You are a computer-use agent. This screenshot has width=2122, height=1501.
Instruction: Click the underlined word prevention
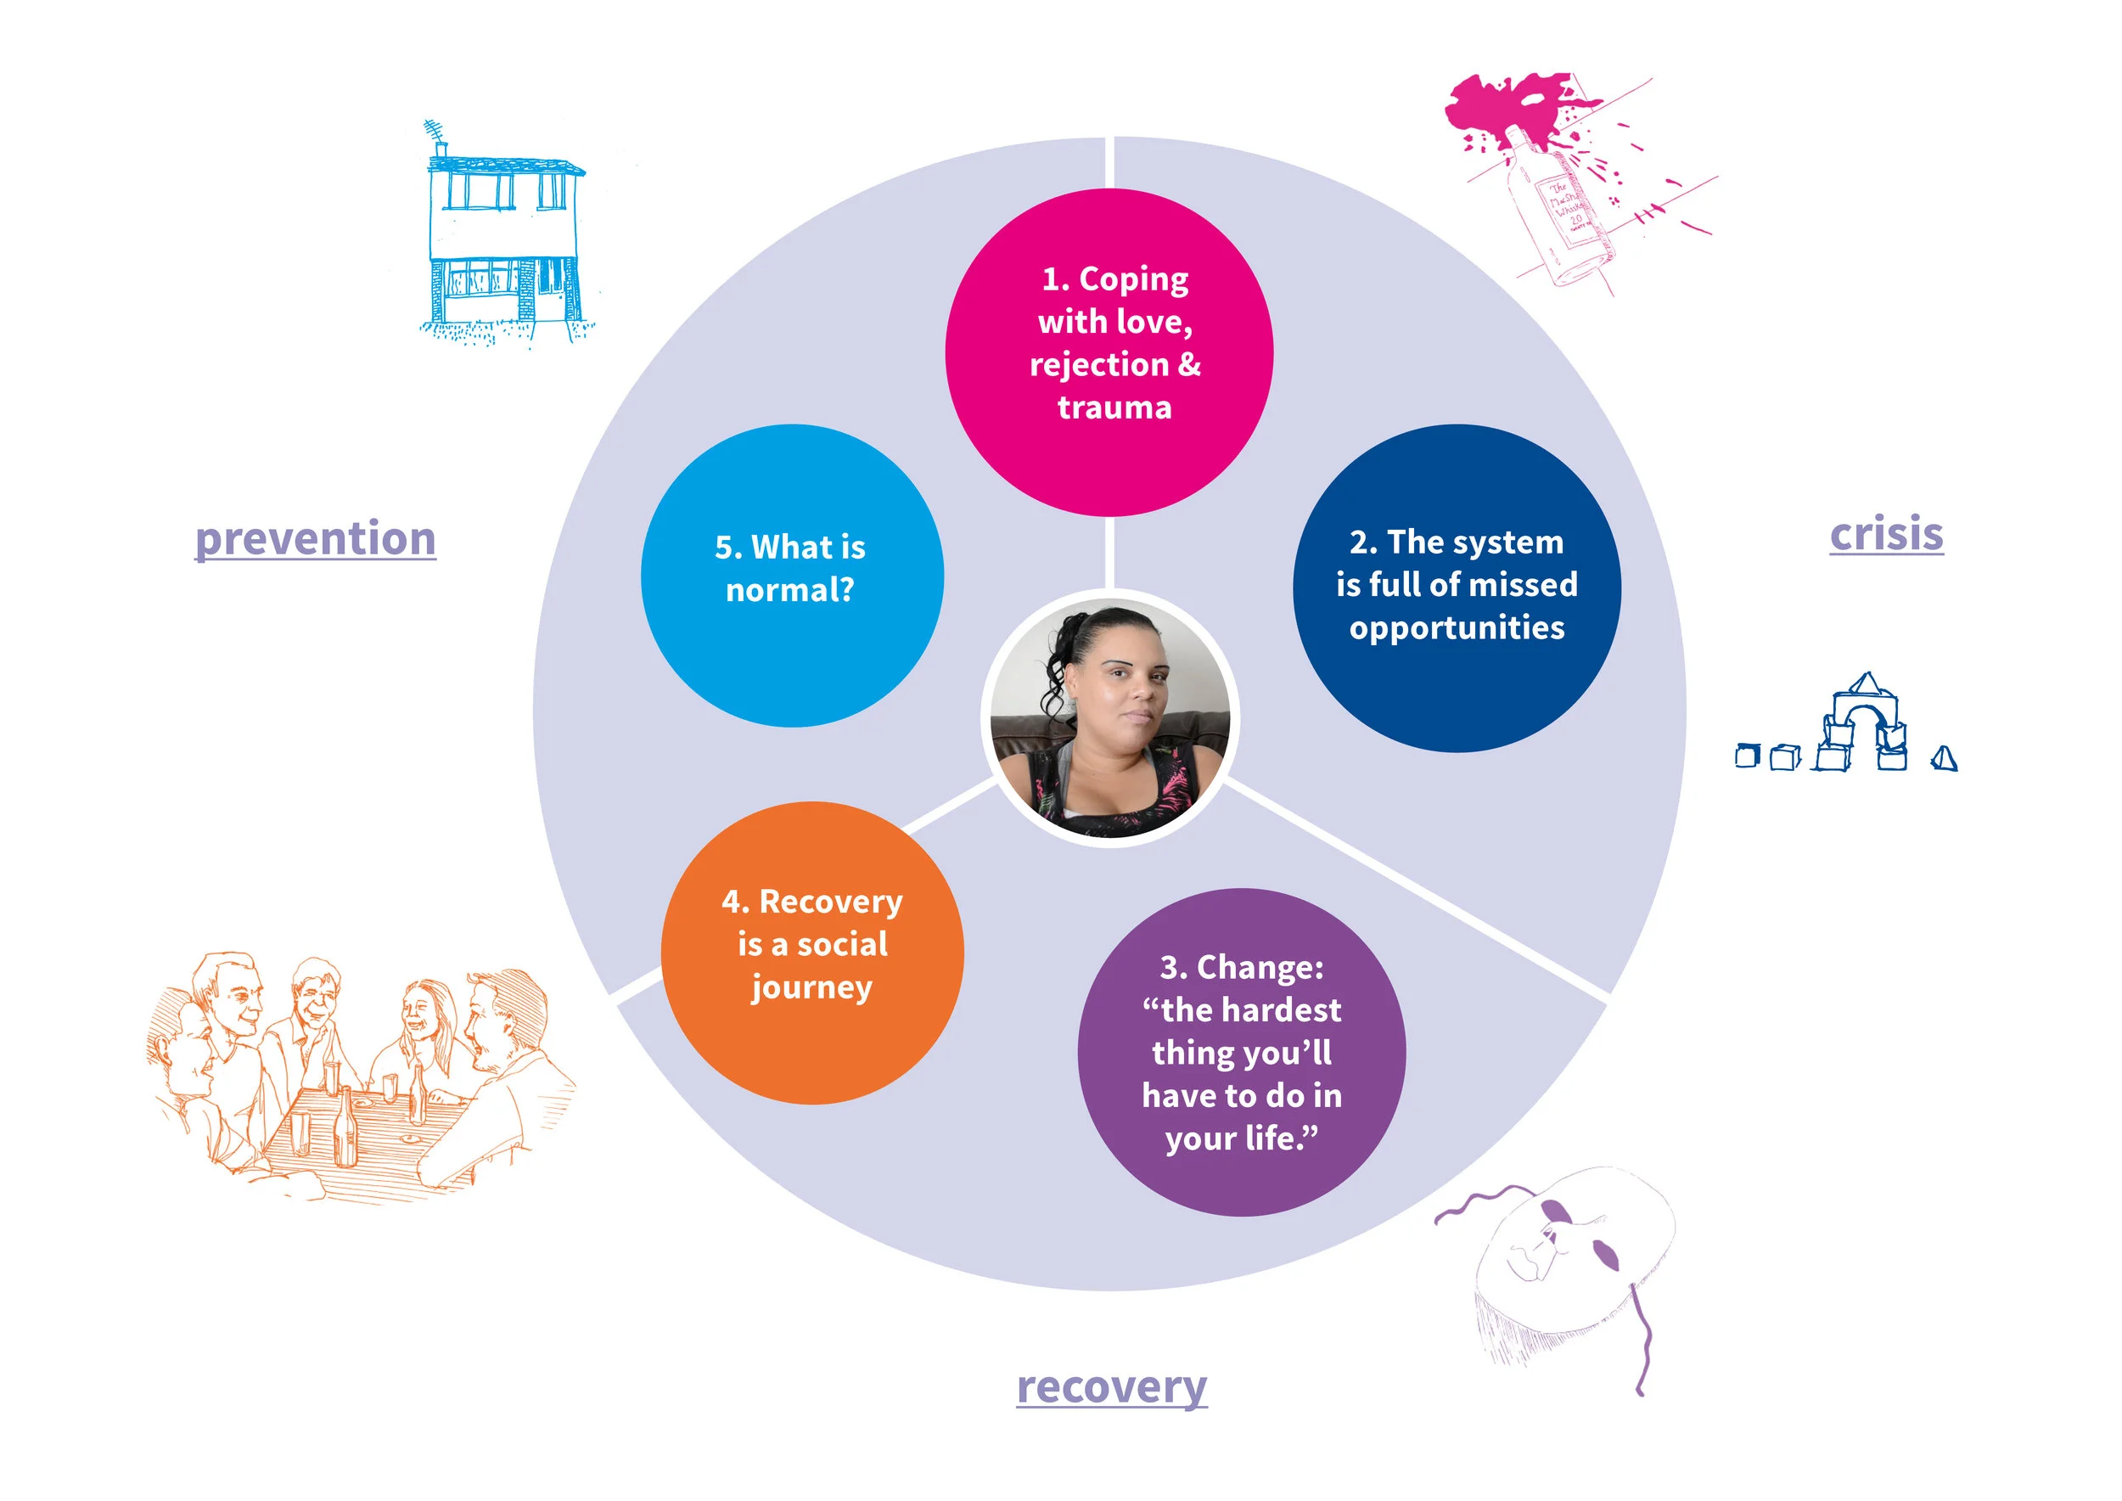[315, 538]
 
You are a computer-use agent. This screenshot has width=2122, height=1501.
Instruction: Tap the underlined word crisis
[1886, 534]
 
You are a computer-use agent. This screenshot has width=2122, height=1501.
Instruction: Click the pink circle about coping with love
[1109, 352]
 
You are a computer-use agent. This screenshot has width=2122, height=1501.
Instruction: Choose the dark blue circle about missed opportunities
[1457, 587]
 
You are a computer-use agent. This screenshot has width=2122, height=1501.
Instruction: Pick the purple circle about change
[1241, 1052]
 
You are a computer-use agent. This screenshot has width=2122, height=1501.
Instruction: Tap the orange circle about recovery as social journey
[812, 952]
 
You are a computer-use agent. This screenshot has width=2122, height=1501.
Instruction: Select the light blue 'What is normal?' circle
[792, 575]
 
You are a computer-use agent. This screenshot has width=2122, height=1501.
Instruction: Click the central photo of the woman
[1110, 717]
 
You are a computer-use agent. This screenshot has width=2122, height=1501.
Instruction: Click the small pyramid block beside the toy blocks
[1944, 759]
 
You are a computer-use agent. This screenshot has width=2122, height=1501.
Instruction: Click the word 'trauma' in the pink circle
[1114, 408]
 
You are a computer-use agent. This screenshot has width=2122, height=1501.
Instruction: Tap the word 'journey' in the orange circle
[811, 987]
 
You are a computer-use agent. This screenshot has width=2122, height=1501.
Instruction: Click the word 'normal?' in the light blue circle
[790, 590]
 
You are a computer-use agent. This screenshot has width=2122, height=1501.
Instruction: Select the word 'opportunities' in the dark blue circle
[1457, 627]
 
